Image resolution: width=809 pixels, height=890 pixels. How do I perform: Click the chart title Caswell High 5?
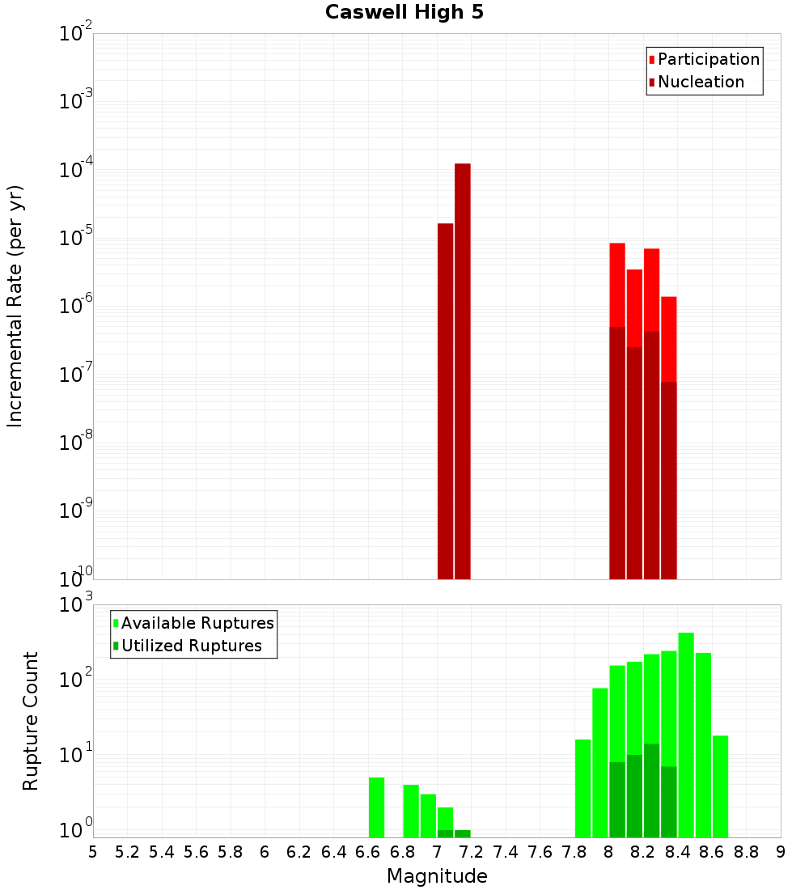404,13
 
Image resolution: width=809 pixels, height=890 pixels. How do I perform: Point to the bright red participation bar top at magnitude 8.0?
617,283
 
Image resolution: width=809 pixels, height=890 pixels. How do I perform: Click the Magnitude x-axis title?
437,876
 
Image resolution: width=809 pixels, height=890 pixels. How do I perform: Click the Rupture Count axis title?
31,721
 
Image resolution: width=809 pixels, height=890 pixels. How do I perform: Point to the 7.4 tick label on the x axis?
506,852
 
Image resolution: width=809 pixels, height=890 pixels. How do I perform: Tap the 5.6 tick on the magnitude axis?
196,852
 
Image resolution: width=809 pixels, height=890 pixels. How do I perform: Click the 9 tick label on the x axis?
781,852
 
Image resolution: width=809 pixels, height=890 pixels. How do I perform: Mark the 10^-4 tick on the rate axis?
76,171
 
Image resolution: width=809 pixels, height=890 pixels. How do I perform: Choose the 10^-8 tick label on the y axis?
76,443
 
